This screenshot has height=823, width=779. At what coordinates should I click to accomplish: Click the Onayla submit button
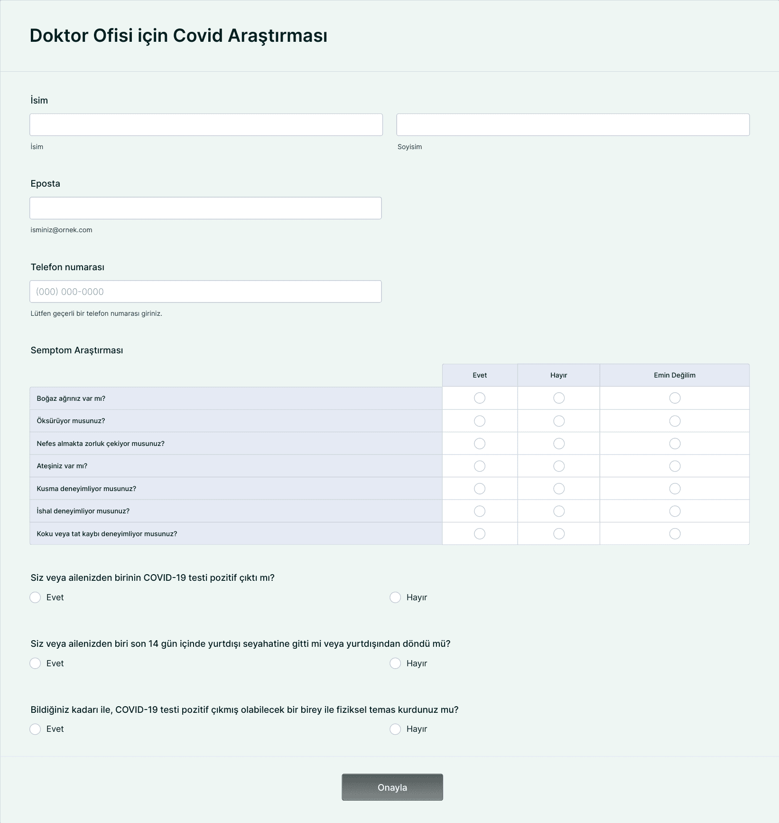392,787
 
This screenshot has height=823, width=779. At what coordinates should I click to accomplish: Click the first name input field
206,125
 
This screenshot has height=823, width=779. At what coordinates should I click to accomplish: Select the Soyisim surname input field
573,125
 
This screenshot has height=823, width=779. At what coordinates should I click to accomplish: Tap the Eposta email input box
205,208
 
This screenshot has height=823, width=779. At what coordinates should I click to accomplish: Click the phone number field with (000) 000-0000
205,292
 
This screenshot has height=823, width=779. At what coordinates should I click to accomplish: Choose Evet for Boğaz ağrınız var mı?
480,398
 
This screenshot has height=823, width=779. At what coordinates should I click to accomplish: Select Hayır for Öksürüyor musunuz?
559,421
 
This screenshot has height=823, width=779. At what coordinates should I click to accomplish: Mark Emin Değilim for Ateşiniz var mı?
675,466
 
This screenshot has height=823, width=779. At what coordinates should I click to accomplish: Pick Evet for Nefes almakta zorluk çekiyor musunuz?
480,444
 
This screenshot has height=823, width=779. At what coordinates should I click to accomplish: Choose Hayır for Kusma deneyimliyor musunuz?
559,489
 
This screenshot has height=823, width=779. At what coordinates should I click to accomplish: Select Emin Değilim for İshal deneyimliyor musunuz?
675,511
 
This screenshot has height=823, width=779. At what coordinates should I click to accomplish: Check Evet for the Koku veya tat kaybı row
480,534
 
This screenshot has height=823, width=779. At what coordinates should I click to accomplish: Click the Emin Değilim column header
674,375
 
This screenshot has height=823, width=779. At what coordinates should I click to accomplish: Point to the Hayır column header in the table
558,375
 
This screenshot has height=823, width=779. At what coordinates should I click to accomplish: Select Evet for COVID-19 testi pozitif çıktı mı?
35,597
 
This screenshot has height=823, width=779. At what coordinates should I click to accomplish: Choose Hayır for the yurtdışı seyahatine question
395,663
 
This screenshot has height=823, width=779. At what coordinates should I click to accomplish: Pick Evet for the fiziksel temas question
35,729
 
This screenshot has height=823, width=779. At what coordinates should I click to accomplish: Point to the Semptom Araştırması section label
77,350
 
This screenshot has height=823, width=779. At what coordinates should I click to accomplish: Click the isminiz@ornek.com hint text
61,230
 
